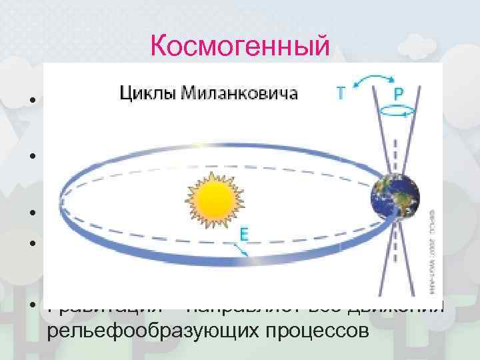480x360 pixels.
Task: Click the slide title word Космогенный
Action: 240,46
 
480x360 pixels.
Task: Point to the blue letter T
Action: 341,95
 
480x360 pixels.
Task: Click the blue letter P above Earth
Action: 398,94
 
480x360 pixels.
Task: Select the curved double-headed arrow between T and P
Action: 369,81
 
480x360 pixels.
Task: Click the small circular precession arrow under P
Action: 397,114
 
